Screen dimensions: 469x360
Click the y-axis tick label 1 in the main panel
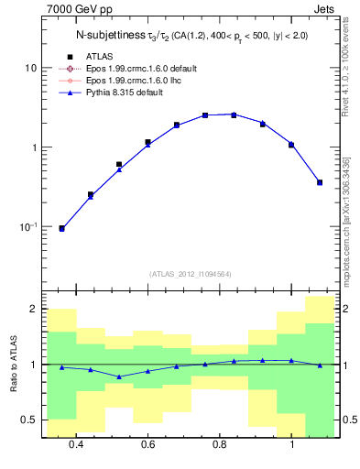[34, 147]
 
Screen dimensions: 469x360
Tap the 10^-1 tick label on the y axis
[28, 226]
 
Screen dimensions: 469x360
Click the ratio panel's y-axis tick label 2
[34, 310]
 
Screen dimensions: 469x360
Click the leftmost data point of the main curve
[61, 228]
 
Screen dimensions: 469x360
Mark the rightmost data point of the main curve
[320, 182]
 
